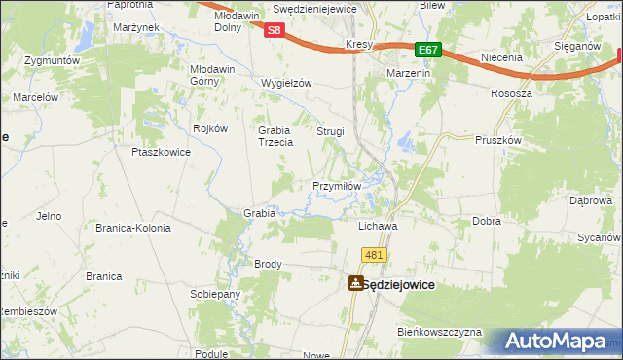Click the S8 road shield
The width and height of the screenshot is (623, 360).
click(x=275, y=30)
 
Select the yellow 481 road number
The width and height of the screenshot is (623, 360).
click(x=376, y=254)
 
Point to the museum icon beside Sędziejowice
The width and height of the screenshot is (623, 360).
click(x=356, y=283)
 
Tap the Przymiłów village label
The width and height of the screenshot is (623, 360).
click(x=337, y=186)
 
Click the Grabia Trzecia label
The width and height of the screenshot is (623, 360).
click(x=275, y=136)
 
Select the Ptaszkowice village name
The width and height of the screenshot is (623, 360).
click(x=159, y=152)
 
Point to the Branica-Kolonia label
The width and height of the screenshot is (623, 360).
click(x=132, y=228)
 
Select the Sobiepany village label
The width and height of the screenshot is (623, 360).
click(x=215, y=293)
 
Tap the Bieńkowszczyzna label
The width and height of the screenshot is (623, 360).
click(x=439, y=332)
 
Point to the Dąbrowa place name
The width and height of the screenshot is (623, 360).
click(x=590, y=200)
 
